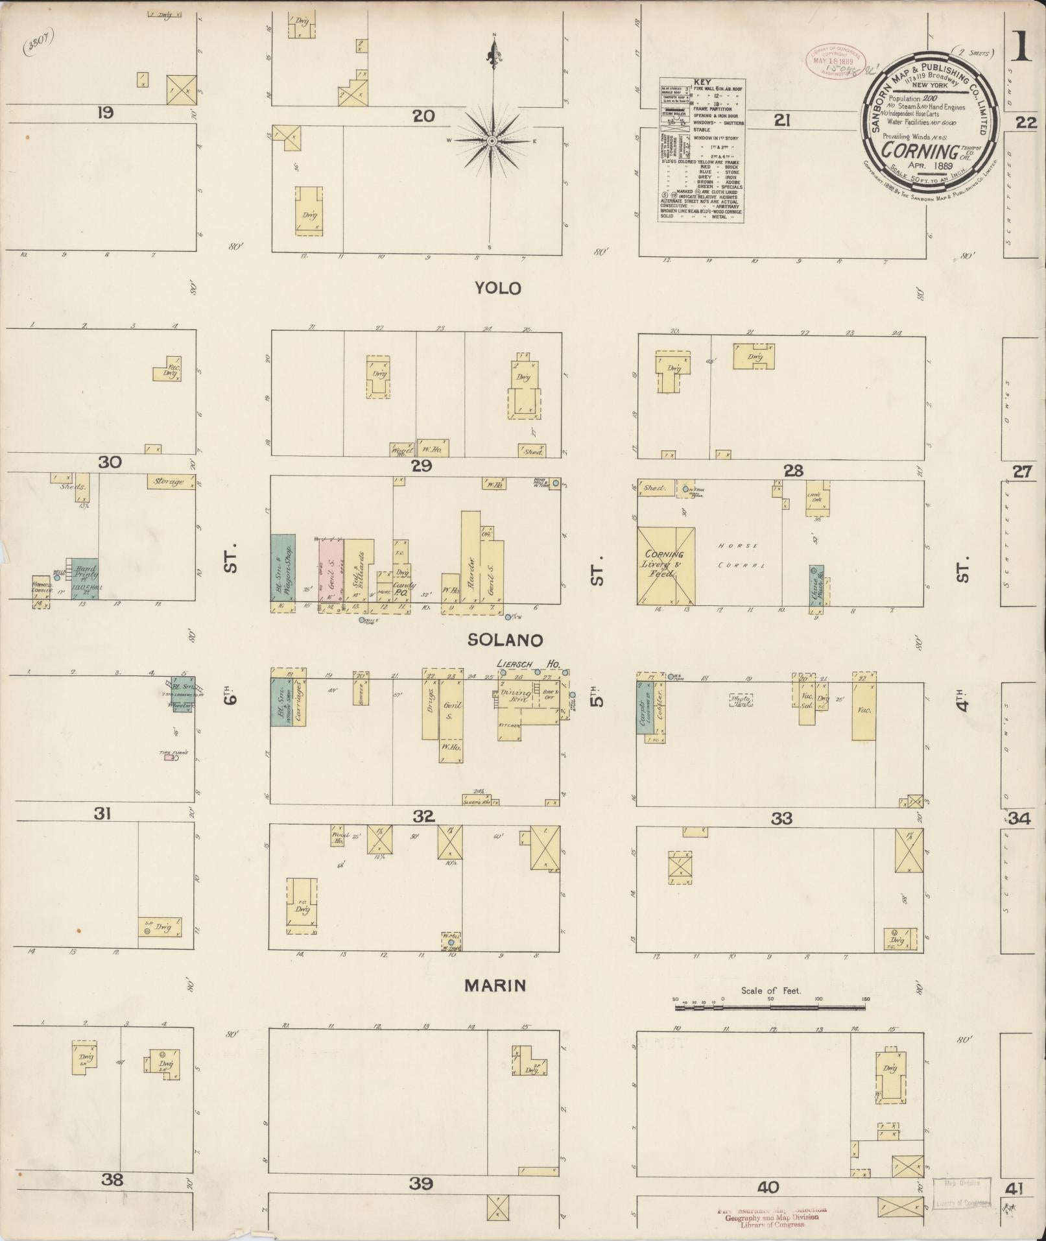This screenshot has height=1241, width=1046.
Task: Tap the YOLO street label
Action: pyautogui.click(x=498, y=288)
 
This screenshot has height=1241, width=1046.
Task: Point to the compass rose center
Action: pyautogui.click(x=492, y=141)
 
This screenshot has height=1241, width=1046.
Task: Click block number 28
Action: pyautogui.click(x=793, y=471)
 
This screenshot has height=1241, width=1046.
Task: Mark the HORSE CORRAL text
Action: pyautogui.click(x=739, y=555)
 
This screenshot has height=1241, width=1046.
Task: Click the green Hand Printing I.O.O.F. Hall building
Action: pyautogui.click(x=84, y=578)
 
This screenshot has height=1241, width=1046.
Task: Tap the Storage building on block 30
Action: pyautogui.click(x=171, y=482)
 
